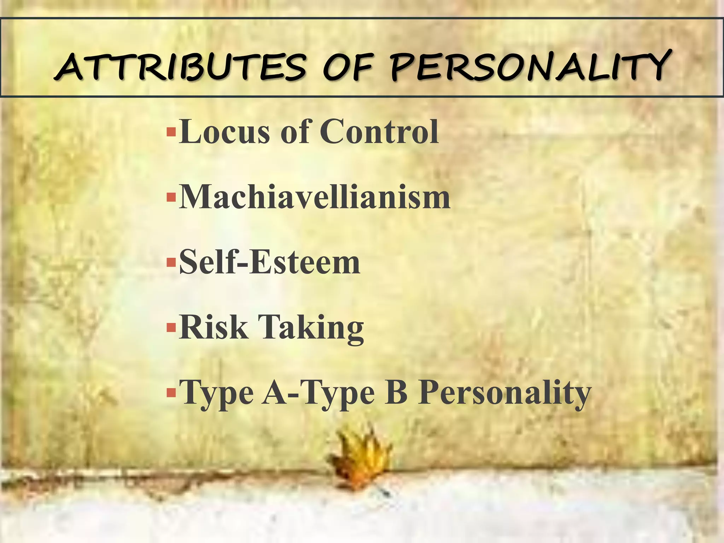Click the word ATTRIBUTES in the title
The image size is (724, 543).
tap(180, 67)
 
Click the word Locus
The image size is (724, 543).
tap(225, 132)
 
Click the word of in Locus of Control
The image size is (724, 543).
tap(295, 132)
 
